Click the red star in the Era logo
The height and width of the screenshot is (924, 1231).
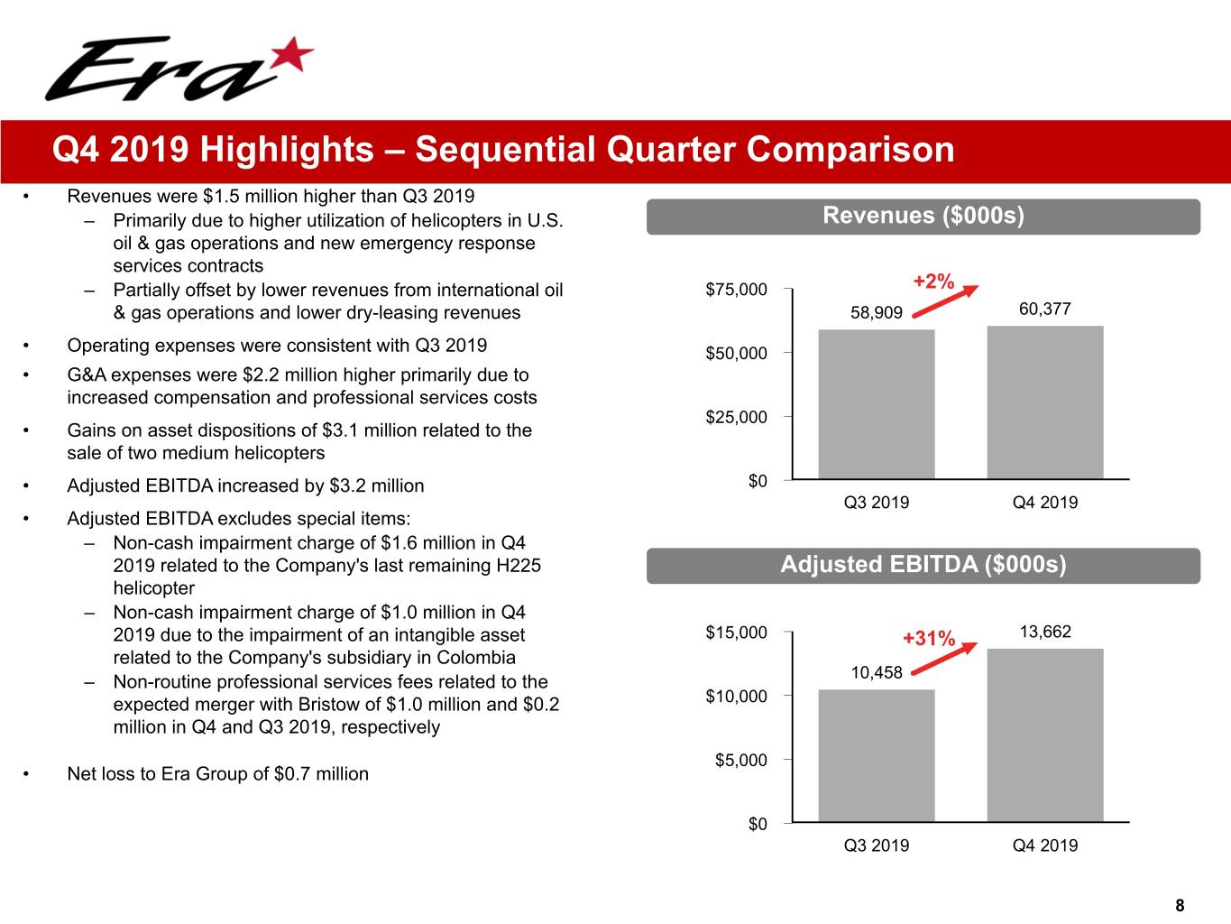[292, 57]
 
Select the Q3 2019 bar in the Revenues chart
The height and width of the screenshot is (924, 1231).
[876, 404]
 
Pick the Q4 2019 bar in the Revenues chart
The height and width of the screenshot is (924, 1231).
[1044, 402]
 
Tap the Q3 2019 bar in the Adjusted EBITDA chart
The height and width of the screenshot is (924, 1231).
[876, 755]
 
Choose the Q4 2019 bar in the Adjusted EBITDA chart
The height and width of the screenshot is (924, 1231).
[1044, 735]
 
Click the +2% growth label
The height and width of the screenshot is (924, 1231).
[933, 282]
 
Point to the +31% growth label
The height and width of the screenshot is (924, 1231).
[929, 639]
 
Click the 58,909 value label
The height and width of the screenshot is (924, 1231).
[877, 312]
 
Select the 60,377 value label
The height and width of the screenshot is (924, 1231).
[1044, 309]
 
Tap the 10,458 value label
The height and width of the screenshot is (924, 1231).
[877, 672]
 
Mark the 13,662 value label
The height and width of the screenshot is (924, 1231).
[1044, 632]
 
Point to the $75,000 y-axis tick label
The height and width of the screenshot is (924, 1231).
[736, 290]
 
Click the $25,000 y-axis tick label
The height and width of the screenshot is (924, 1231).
[736, 417]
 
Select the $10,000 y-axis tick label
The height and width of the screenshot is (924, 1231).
[736, 696]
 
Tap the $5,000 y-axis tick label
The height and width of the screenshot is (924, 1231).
[740, 760]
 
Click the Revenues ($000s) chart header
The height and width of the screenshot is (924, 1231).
[923, 216]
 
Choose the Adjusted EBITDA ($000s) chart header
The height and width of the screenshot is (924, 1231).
[923, 565]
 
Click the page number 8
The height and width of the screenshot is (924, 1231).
[1180, 905]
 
